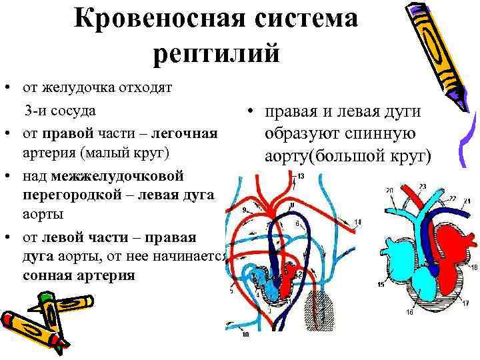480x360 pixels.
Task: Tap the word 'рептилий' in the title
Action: (x=216, y=53)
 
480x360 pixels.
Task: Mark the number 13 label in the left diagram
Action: (x=301, y=177)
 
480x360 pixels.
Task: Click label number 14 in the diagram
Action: (x=358, y=221)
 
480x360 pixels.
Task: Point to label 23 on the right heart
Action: (x=422, y=185)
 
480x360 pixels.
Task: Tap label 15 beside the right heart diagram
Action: (x=380, y=285)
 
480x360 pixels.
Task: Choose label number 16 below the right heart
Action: (x=409, y=312)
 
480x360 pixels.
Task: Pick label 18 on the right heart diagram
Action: (x=473, y=267)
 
